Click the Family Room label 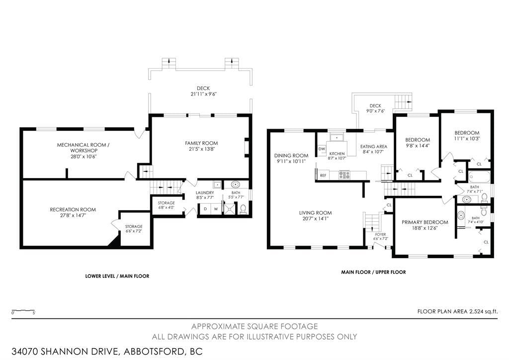pos(201,143)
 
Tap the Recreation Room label pos(73,210)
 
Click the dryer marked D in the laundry pos(205,209)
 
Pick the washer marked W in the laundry pos(216,209)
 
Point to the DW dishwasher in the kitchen pos(322,149)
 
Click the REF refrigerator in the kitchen pos(323,175)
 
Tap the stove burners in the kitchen pos(344,175)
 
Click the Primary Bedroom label pos(425,222)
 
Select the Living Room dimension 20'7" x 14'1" pos(315,219)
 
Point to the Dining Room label pos(291,156)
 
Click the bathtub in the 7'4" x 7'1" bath pos(479,177)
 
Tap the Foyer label pos(380,234)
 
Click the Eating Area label pos(374,146)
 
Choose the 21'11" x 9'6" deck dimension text pos(203,94)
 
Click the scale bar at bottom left pos(23,311)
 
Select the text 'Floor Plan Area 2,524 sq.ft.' pos(457,312)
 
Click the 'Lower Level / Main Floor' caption pos(117,276)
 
